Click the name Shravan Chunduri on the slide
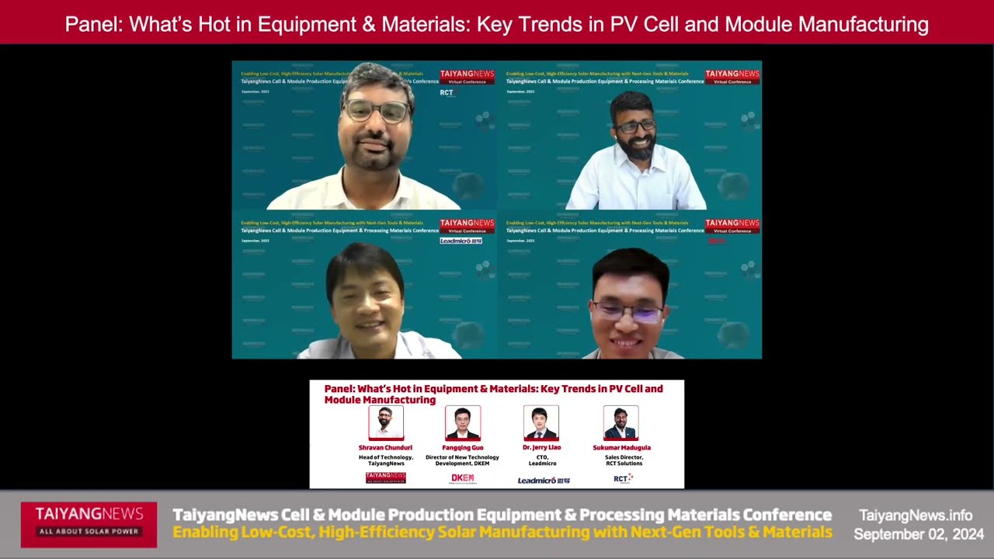[x=385, y=448]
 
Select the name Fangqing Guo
[x=462, y=448]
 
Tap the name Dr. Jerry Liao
[x=542, y=448]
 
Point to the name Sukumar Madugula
[x=621, y=448]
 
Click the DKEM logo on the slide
[x=463, y=479]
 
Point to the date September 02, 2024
[x=919, y=534]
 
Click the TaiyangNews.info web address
[x=916, y=516]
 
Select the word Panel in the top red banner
[x=93, y=24]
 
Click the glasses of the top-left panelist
[x=377, y=111]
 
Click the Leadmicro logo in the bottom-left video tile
[x=461, y=241]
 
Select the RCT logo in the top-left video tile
[x=447, y=92]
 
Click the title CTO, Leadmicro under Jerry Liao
[x=542, y=460]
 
